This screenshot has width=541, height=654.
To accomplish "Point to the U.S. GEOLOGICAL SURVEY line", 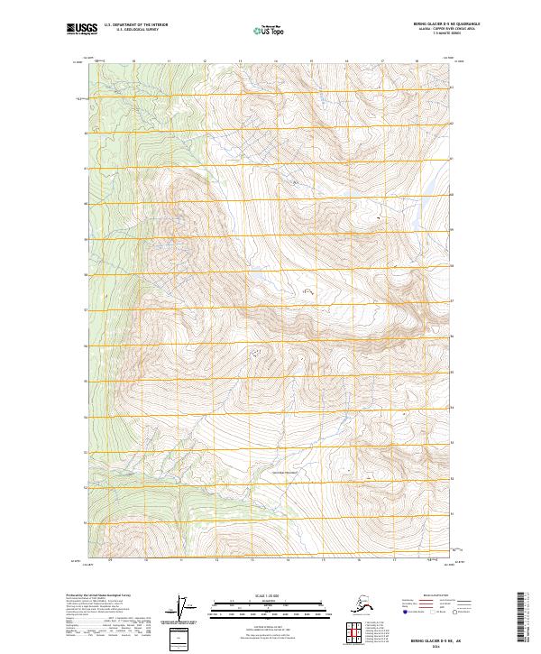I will pyautogui.click(x=132, y=32).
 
